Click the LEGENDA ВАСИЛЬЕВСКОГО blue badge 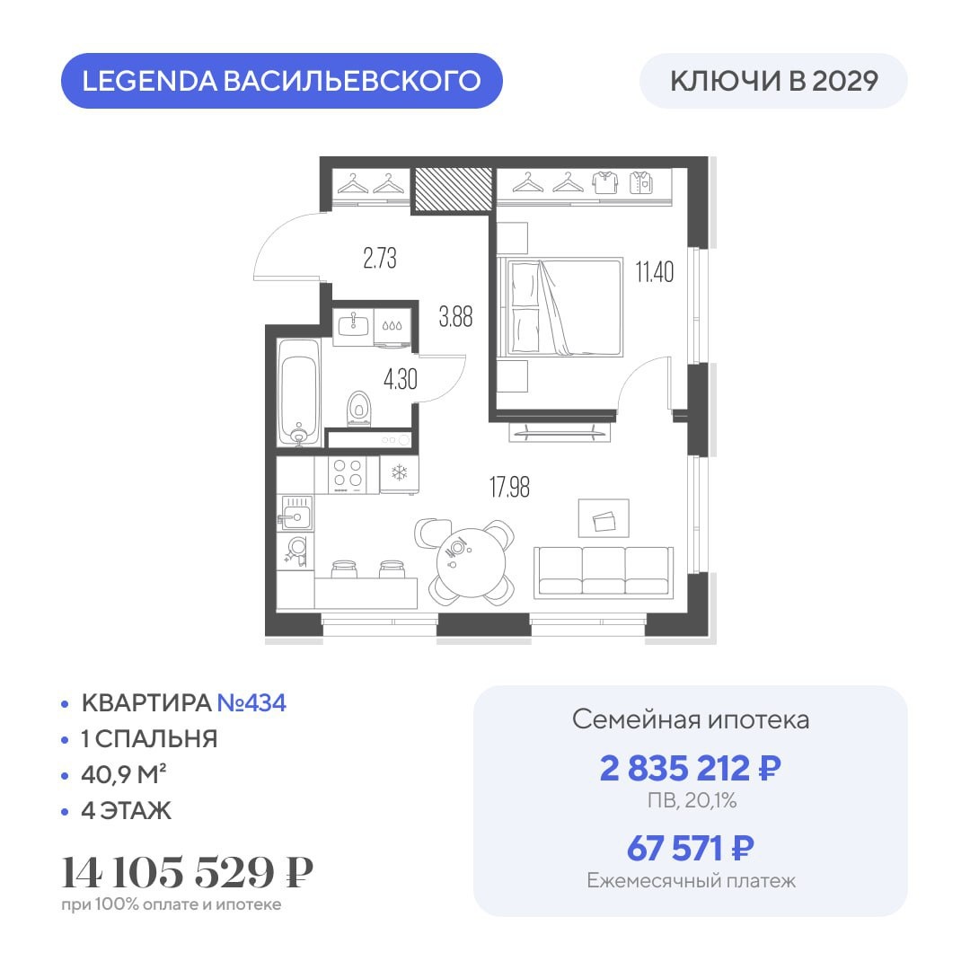pyautogui.click(x=281, y=81)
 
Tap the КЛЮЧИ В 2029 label pyautogui.click(x=774, y=81)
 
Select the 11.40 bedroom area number pyautogui.click(x=655, y=271)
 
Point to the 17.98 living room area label pyautogui.click(x=510, y=487)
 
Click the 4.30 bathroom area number pyautogui.click(x=401, y=379)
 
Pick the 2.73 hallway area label pyautogui.click(x=380, y=258)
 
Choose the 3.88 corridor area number pyautogui.click(x=456, y=317)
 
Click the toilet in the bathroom pyautogui.click(x=358, y=409)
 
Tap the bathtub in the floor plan pyautogui.click(x=299, y=392)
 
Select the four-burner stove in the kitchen pyautogui.click(x=347, y=474)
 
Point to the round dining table pyautogui.click(x=471, y=561)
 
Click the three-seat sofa pyautogui.click(x=604, y=572)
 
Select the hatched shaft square pyautogui.click(x=454, y=189)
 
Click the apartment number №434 pyautogui.click(x=251, y=702)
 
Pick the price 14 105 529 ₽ pyautogui.click(x=187, y=872)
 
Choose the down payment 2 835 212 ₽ pyautogui.click(x=691, y=768)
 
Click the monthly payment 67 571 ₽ pyautogui.click(x=691, y=848)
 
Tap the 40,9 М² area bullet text pyautogui.click(x=124, y=774)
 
